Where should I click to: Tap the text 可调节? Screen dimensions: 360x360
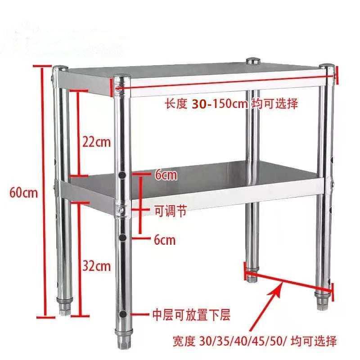tap(170, 210)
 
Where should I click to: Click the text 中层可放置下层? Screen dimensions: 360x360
tap(191, 315)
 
